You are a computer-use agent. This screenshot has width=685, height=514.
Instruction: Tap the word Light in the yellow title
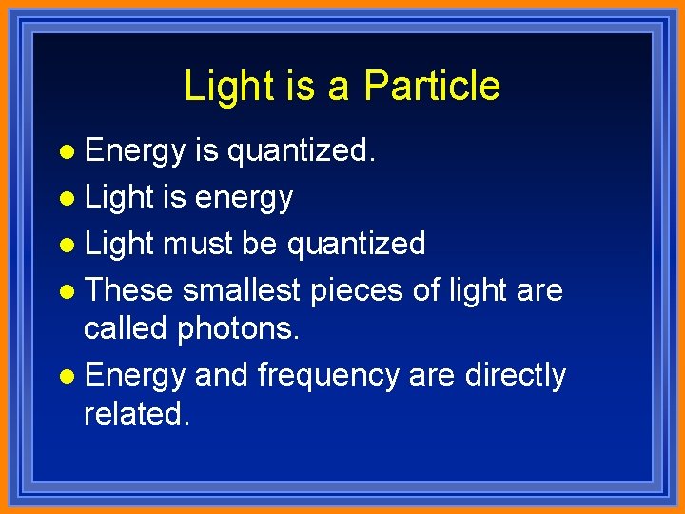[224, 86]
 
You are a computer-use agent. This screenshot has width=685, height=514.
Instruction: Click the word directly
[515, 375]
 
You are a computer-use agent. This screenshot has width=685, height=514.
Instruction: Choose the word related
[137, 413]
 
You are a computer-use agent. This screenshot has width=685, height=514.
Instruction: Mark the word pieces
[357, 290]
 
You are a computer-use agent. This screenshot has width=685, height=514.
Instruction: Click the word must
[197, 244]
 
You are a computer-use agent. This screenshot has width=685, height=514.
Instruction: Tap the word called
[127, 327]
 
